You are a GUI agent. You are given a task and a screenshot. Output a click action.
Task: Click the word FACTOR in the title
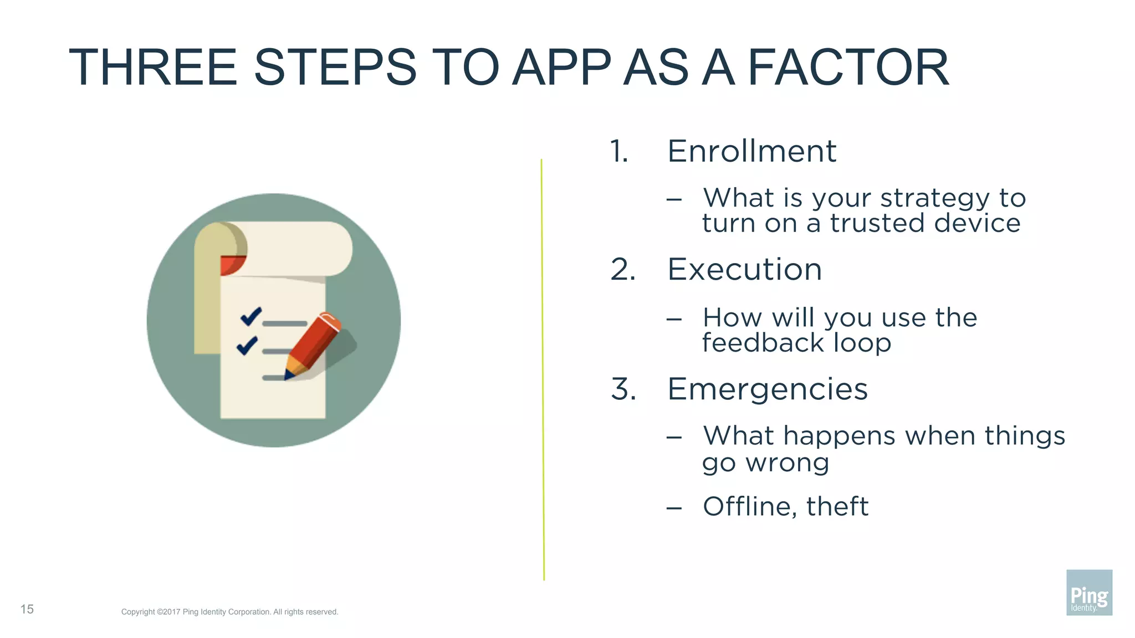click(848, 68)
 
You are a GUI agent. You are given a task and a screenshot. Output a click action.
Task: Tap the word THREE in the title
click(153, 68)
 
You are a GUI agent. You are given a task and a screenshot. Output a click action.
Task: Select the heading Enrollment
click(751, 151)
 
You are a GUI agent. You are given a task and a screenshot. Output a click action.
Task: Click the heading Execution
click(744, 270)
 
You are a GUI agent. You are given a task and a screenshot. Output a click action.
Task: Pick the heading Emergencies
click(767, 389)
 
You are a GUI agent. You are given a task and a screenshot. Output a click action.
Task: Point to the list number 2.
click(623, 270)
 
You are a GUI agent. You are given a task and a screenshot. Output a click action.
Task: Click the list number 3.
click(623, 389)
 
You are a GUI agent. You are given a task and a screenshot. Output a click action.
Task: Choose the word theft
click(837, 506)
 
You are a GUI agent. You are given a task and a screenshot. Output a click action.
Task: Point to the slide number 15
click(27, 609)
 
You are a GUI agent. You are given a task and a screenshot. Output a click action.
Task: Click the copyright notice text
click(229, 612)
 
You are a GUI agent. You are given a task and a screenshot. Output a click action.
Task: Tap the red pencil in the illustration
click(313, 346)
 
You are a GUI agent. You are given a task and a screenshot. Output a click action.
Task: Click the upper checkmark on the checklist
click(250, 316)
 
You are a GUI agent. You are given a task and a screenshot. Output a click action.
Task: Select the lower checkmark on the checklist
click(247, 346)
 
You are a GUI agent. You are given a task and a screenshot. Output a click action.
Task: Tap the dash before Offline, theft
click(674, 507)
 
